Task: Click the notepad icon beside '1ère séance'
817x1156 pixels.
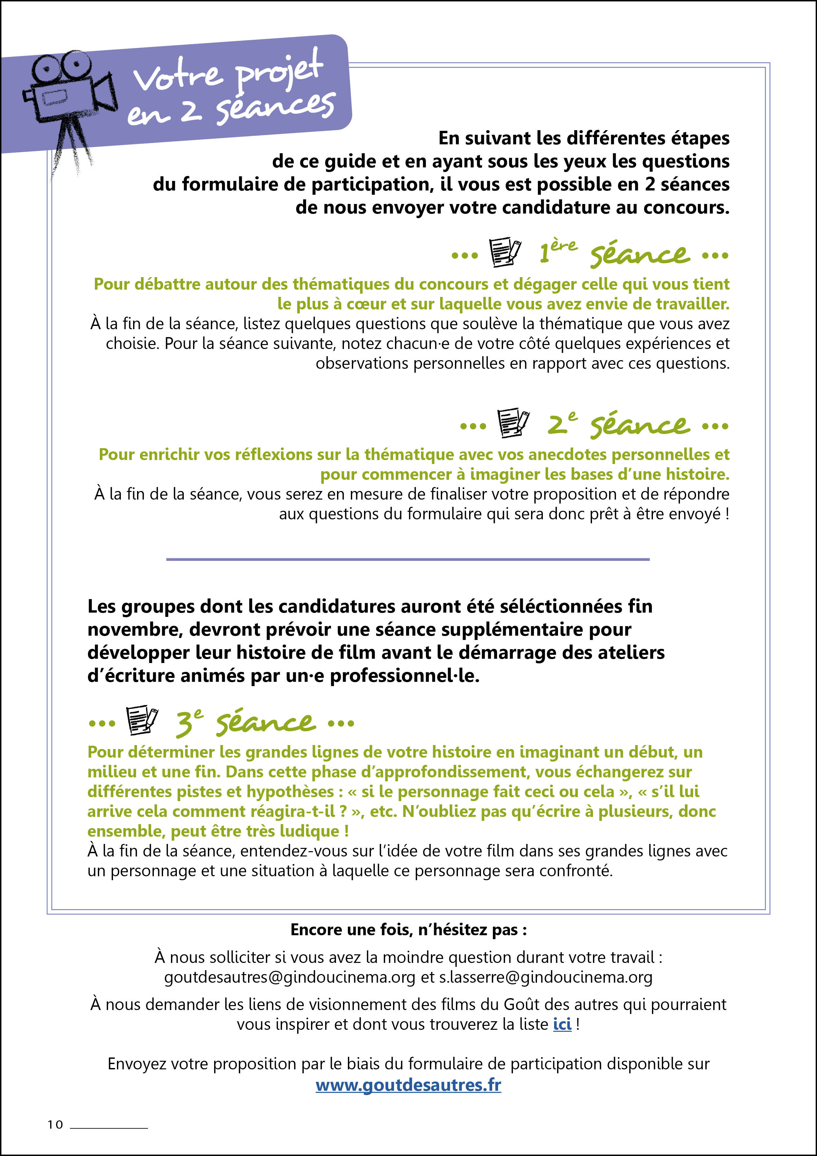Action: tap(505, 252)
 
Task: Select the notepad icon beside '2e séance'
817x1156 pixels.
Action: tap(513, 423)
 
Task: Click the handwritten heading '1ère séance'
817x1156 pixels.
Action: tap(614, 253)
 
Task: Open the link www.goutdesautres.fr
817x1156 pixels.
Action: tap(408, 1085)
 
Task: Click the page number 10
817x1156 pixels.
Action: tap(55, 1125)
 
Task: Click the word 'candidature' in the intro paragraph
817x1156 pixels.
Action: tap(560, 207)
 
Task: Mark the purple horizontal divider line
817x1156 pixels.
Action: tap(408, 559)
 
